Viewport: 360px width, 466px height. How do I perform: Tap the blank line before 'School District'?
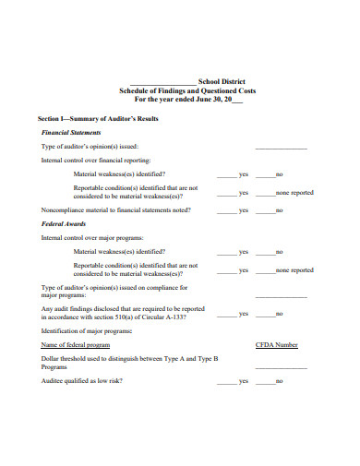tap(163, 81)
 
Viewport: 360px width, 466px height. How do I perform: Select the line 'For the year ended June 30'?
tap(181, 100)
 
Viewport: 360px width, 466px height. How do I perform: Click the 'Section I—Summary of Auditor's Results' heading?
tap(97, 119)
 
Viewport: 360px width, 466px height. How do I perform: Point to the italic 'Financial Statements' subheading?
tap(72, 133)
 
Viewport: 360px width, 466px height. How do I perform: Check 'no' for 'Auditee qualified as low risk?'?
tap(269, 380)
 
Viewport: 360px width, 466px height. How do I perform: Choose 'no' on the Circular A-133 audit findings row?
tap(269, 314)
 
